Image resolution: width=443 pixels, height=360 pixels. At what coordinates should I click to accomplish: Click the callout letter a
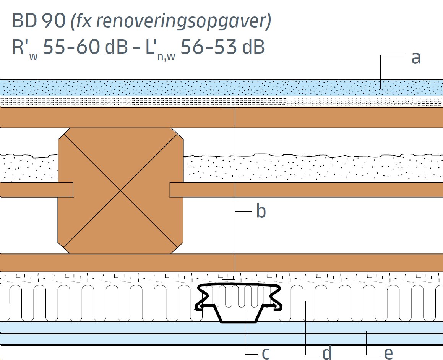416,58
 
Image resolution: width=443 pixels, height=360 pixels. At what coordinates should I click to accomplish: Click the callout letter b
261,211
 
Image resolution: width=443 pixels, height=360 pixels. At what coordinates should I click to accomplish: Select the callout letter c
266,354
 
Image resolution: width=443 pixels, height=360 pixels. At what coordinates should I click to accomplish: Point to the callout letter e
388,354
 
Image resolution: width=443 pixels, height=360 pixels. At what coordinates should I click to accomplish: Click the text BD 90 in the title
39,21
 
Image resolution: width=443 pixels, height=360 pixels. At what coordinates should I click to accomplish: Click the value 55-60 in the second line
71,47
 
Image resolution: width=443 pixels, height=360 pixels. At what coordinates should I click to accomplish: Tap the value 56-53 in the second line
208,47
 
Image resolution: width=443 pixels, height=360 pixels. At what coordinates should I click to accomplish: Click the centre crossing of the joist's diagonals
121,191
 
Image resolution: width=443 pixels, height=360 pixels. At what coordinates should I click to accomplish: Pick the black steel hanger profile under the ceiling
238,302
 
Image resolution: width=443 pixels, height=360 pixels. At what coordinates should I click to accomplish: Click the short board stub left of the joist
36,190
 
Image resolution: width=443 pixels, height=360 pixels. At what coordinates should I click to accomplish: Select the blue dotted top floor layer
222,88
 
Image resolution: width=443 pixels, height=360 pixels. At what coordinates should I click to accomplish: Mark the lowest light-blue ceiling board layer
222,340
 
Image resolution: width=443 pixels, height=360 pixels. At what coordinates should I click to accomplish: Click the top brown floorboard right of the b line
339,118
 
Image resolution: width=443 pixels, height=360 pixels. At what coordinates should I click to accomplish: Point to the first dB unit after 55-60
117,47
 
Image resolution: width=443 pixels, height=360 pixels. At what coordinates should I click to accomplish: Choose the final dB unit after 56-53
253,47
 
